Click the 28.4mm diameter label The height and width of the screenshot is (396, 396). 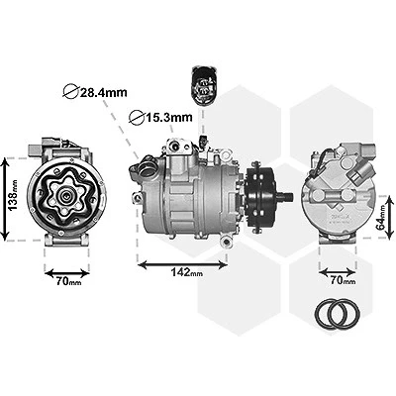[95, 91]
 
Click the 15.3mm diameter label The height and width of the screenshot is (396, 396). [160, 117]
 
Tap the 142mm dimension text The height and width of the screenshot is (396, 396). [187, 272]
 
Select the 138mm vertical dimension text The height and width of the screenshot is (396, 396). [13, 195]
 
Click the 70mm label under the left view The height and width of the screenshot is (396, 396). [68, 281]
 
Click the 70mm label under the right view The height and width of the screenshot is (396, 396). [343, 280]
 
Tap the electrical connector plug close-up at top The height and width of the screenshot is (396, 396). [203, 85]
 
